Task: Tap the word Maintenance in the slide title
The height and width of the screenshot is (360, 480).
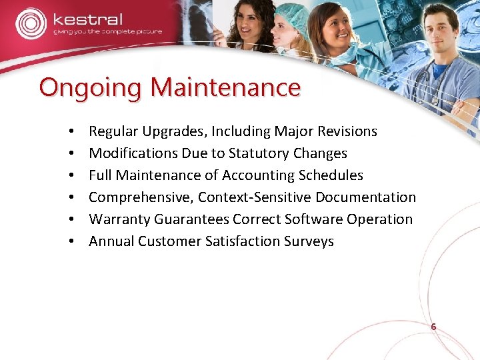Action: point(225,87)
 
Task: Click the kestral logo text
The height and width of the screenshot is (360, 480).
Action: point(88,19)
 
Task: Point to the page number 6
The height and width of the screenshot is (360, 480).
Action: point(433,327)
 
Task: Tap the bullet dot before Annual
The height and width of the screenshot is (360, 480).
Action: point(70,242)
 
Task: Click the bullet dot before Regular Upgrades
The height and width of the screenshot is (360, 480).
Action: point(70,132)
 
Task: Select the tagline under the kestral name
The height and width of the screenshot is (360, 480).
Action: point(107,31)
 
